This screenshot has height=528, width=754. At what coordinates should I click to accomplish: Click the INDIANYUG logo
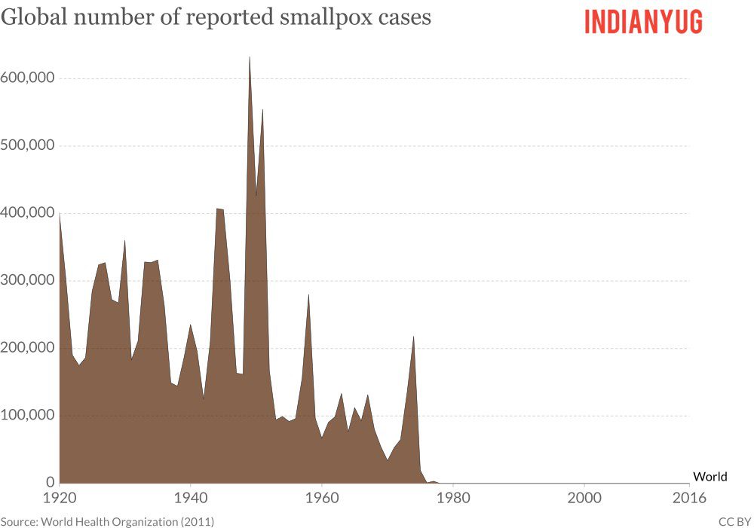(643, 22)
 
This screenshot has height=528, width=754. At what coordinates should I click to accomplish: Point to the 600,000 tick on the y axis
(28, 78)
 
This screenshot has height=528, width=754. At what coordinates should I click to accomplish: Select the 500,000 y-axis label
(28, 145)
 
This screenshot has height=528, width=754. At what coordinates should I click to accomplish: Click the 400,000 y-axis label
(28, 213)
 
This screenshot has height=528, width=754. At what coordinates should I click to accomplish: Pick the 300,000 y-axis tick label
(28, 280)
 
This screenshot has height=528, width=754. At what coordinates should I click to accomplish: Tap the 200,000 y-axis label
(28, 348)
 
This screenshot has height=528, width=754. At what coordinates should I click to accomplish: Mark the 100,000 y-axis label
(28, 415)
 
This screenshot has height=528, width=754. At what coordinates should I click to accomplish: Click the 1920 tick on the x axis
(60, 497)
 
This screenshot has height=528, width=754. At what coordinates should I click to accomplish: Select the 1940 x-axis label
(190, 497)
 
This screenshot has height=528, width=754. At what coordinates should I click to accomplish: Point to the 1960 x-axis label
(322, 497)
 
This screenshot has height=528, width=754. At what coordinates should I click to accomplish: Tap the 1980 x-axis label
(453, 497)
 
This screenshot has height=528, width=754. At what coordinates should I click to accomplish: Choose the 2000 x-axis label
(584, 497)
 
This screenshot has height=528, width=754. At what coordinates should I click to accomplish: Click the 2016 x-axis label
(688, 497)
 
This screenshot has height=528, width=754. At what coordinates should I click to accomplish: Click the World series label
(710, 476)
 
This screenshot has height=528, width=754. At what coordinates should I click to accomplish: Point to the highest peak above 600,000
(250, 58)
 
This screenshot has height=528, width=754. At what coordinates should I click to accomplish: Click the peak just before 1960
(308, 295)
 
